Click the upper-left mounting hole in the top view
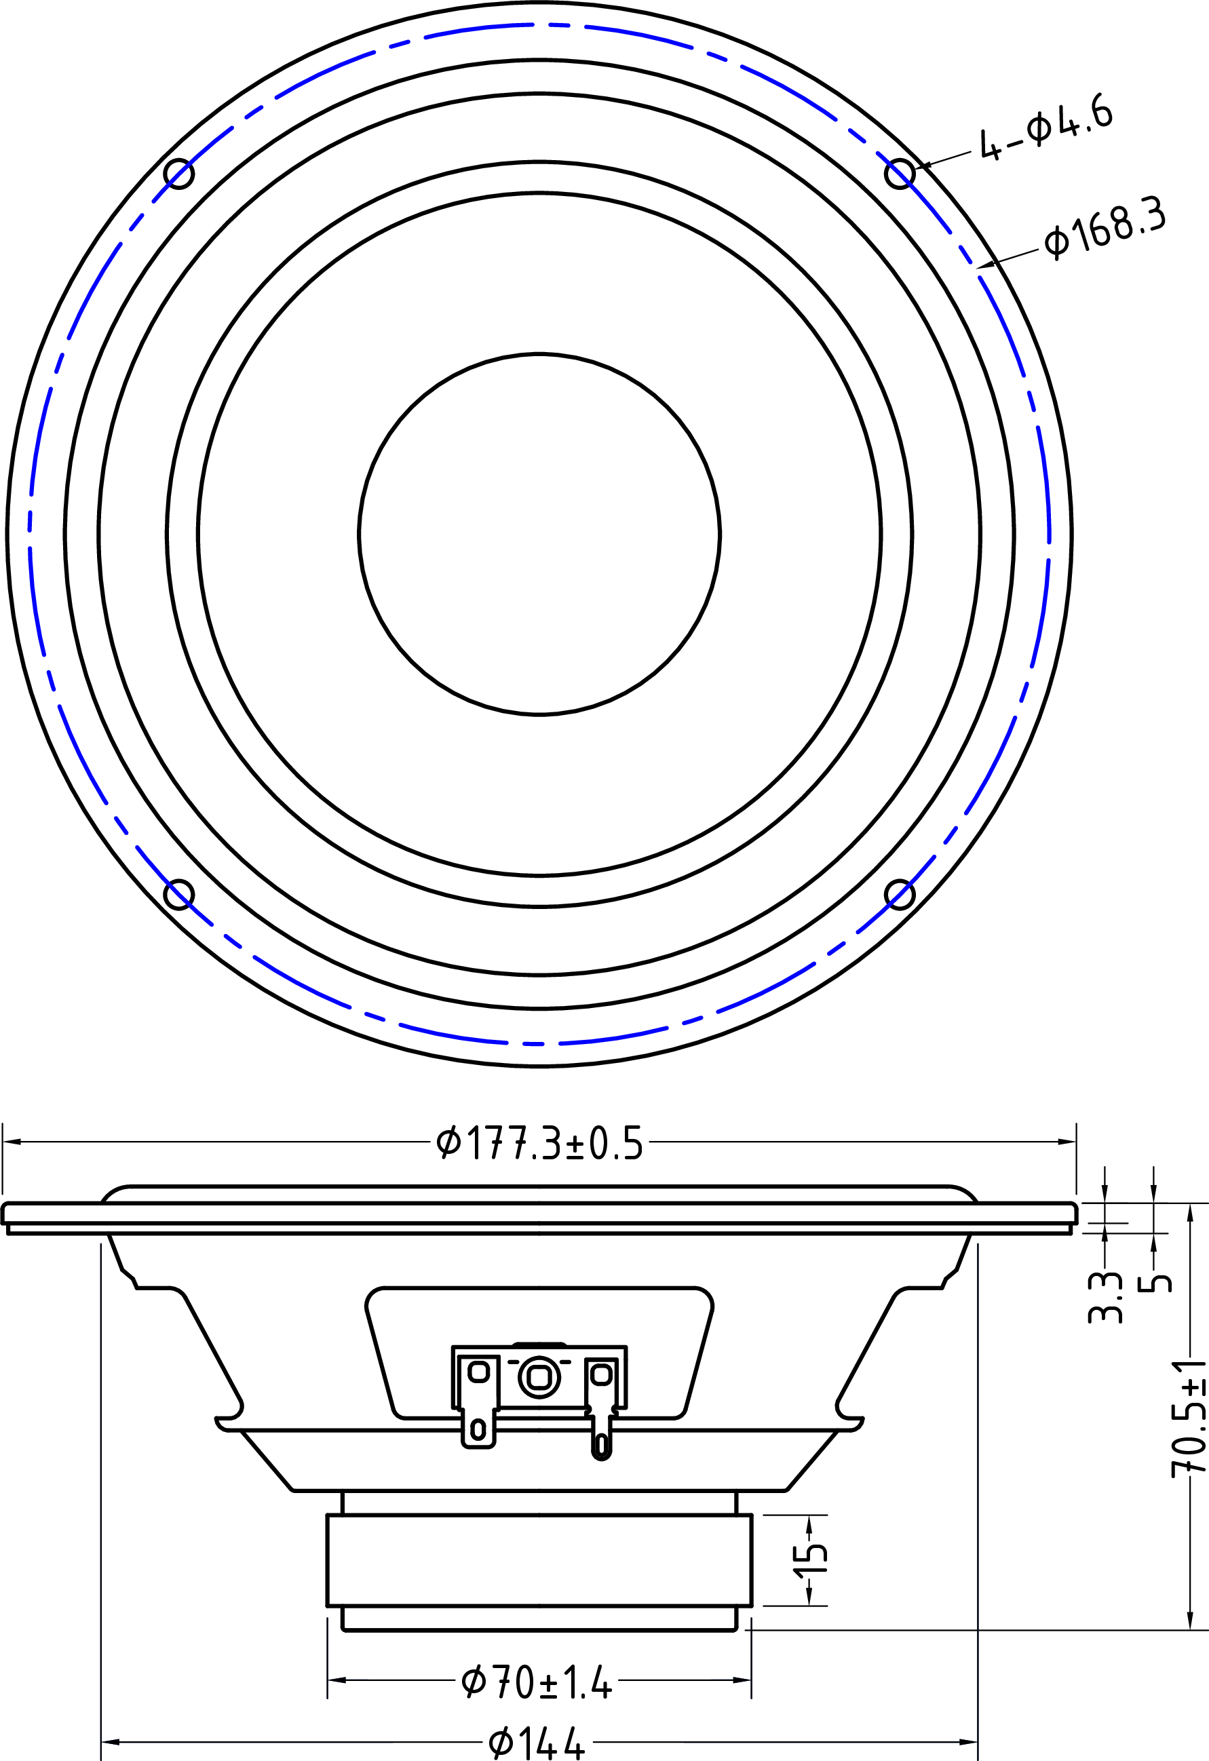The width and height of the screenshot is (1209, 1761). [x=179, y=174]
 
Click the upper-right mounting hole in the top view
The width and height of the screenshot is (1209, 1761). [x=900, y=174]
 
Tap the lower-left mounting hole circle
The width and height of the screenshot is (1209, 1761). [x=179, y=894]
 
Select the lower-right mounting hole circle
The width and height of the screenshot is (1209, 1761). [x=900, y=894]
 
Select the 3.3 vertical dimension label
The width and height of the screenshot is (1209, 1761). [x=1105, y=1297]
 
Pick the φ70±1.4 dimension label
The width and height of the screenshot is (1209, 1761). [x=537, y=1683]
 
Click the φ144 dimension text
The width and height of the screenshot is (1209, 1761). [x=537, y=1743]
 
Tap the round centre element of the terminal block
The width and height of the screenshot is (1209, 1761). [x=539, y=1377]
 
